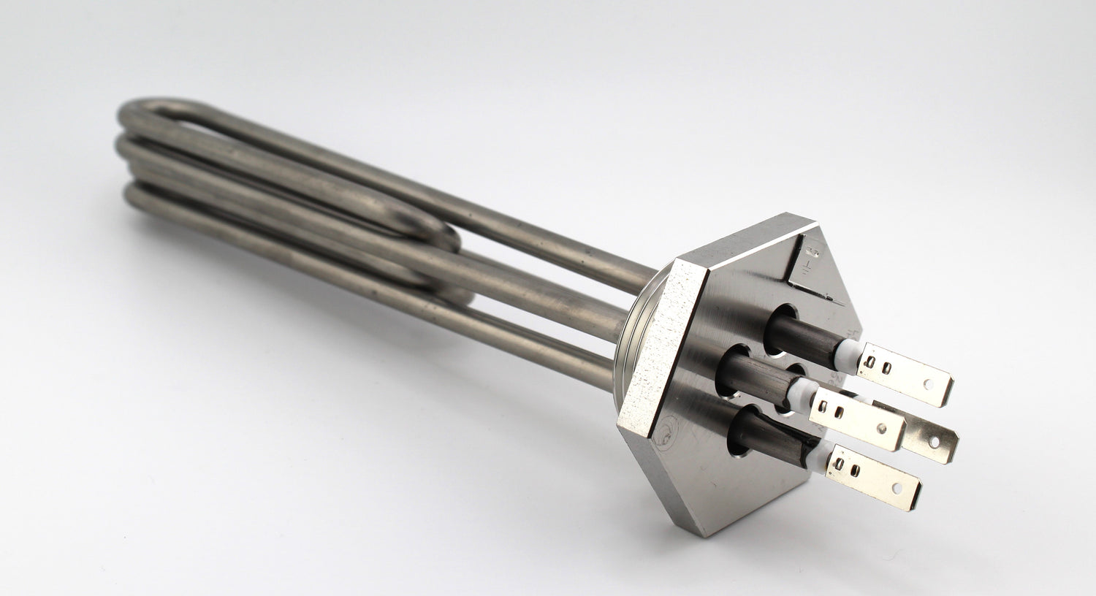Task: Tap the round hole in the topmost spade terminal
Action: click(x=929, y=382)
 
